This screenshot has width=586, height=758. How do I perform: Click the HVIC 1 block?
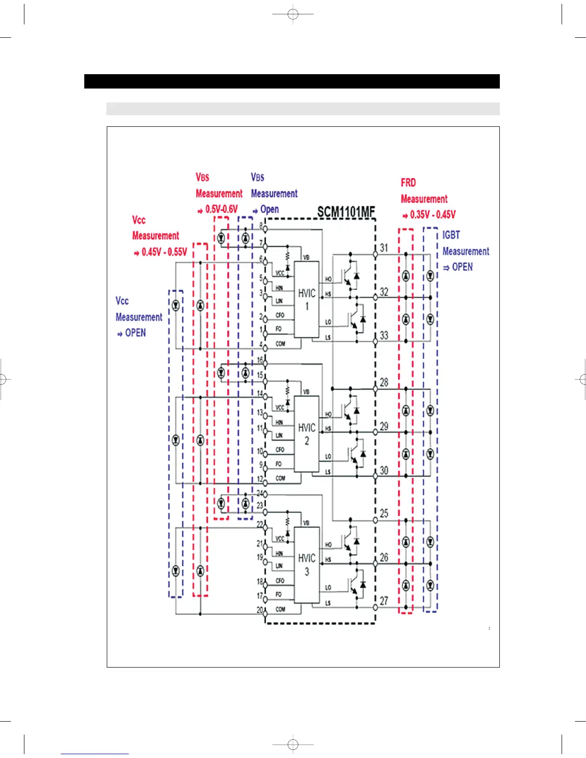point(307,299)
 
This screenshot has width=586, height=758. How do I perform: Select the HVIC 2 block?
point(307,434)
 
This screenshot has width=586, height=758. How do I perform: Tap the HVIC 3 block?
point(307,565)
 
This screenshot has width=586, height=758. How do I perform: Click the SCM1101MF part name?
point(346,212)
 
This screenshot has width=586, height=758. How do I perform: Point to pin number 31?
point(384,248)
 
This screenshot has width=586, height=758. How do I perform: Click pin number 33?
point(384,335)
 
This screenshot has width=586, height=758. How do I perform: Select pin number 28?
point(384,382)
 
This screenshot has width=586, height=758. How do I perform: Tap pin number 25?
point(384,513)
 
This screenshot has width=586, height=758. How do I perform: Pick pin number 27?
point(384,601)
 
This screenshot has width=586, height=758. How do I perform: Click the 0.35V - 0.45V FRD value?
point(433,214)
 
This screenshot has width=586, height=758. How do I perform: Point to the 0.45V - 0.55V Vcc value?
point(164,252)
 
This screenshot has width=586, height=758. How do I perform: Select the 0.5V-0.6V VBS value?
point(221,209)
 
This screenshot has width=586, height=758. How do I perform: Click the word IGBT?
point(451,235)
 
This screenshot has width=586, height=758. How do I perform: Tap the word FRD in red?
point(408,183)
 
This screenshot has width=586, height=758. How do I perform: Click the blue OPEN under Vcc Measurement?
point(135,333)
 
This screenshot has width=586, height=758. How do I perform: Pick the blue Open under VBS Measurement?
point(270,209)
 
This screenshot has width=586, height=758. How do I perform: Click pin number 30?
point(384,470)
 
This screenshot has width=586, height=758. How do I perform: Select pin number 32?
point(384,292)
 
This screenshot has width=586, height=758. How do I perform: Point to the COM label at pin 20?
point(280,609)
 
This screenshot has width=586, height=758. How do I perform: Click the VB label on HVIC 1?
point(306,257)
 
